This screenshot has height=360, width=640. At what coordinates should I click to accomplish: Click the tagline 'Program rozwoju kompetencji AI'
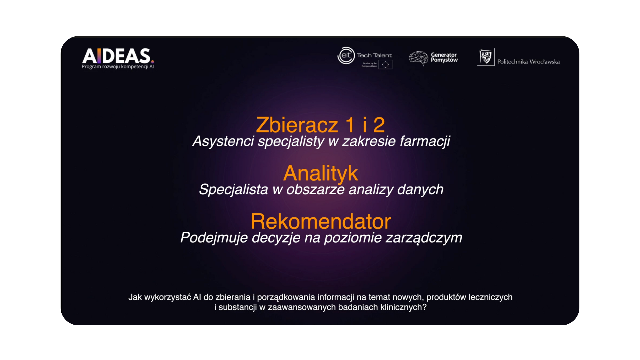pos(118,67)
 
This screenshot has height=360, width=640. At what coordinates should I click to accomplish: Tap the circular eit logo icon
pos(346,55)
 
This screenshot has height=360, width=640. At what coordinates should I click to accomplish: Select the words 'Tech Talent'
pos(374,55)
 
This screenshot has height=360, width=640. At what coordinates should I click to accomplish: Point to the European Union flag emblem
pos(385,64)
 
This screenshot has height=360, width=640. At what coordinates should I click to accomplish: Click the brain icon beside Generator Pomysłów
pos(419,58)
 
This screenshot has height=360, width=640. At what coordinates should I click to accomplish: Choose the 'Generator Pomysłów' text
pos(444,57)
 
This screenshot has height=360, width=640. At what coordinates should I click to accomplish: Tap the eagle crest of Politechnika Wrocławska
pos(486,57)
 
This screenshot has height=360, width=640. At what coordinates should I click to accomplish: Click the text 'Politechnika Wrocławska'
pos(528,62)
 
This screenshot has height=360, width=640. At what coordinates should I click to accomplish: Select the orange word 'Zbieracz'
pos(297,125)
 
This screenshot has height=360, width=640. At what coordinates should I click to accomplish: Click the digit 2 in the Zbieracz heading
pos(379,125)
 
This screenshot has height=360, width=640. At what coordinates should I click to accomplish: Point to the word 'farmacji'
pos(425,141)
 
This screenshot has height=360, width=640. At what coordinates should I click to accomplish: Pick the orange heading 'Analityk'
pos(320,174)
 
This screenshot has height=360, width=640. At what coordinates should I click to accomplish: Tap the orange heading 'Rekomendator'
pos(321,221)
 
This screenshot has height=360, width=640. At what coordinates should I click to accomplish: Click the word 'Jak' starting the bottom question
pos(135,297)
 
